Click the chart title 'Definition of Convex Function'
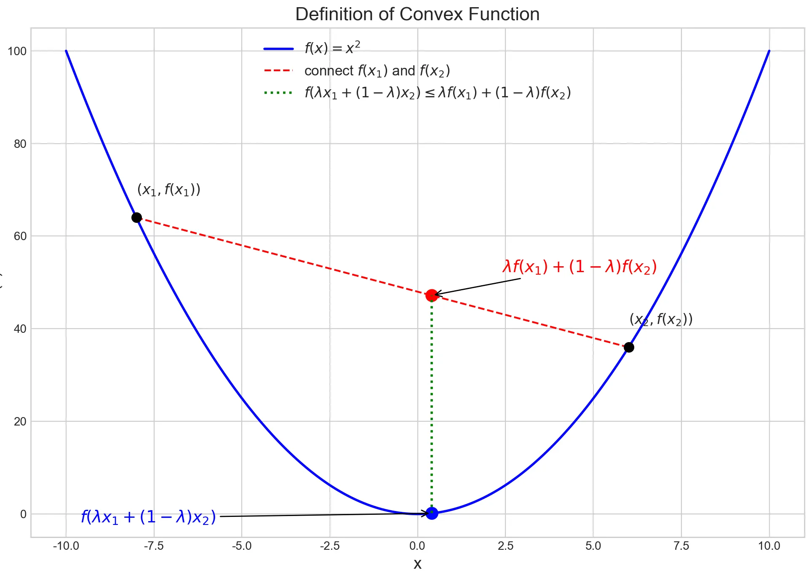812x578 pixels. pos(417,14)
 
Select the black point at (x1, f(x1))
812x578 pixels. pos(136,217)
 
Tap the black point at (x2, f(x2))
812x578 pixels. pos(629,347)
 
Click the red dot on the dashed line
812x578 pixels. pos(432,295)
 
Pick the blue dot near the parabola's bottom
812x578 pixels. pos(432,513)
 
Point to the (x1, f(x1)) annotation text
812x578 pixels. pos(168,190)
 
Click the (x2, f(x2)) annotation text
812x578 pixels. pos(661,320)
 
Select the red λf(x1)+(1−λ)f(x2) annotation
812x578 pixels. pos(580,267)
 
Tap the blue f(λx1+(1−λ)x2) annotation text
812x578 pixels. pos(148,517)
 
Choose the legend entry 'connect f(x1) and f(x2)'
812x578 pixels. pos(377,71)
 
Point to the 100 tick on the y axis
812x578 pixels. pos(17,51)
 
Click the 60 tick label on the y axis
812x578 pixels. pos(20,236)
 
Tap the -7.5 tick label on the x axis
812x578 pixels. pos(154,546)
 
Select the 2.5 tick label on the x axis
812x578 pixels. pos(505,546)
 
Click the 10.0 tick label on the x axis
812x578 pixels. pos(769,546)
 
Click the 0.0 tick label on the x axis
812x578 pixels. pos(417,546)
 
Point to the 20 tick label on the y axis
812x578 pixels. pos(20,422)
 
